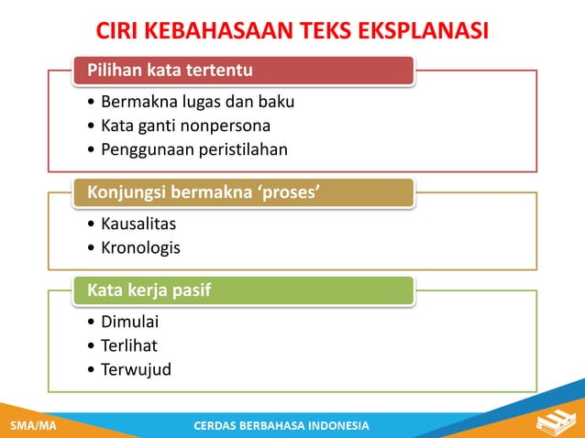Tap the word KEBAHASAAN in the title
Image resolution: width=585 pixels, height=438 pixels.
pyautogui.click(x=217, y=32)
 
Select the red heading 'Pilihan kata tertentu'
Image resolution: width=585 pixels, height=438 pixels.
pyautogui.click(x=170, y=70)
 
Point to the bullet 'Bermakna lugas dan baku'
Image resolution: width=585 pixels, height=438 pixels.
pyautogui.click(x=197, y=102)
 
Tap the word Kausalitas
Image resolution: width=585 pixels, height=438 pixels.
pyautogui.click(x=138, y=224)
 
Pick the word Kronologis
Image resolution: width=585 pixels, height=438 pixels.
pyautogui.click(x=140, y=247)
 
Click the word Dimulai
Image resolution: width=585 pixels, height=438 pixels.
pyautogui.click(x=129, y=322)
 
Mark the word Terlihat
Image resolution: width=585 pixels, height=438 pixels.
pyautogui.click(x=129, y=345)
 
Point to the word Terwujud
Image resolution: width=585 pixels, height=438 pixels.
pyautogui.click(x=136, y=369)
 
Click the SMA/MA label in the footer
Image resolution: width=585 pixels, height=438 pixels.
pyautogui.click(x=32, y=426)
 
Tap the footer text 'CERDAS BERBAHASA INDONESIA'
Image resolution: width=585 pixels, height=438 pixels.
pyautogui.click(x=282, y=426)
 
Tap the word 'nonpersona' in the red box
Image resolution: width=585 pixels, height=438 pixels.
pyautogui.click(x=225, y=126)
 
